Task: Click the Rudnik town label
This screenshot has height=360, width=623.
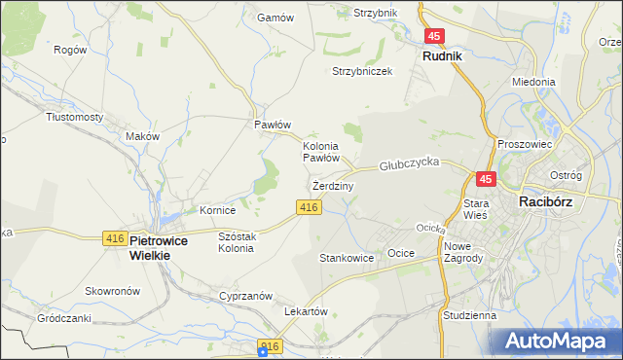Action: click(442, 56)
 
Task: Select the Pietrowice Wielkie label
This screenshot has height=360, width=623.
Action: click(149, 247)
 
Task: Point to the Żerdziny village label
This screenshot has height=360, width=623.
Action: click(333, 185)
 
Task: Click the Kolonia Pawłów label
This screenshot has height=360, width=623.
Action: click(320, 151)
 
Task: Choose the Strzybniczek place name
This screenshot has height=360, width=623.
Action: click(362, 71)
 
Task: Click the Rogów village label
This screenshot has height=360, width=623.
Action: click(70, 50)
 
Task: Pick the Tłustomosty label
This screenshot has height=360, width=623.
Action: click(75, 116)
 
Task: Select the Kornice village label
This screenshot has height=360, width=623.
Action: click(218, 209)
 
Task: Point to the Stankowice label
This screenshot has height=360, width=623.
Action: click(348, 259)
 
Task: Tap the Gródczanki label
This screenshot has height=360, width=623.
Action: click(63, 318)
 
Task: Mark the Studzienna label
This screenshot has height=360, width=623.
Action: click(469, 315)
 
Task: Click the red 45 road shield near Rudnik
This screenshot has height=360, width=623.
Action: click(435, 36)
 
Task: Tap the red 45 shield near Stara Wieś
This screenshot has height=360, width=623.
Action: click(487, 179)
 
